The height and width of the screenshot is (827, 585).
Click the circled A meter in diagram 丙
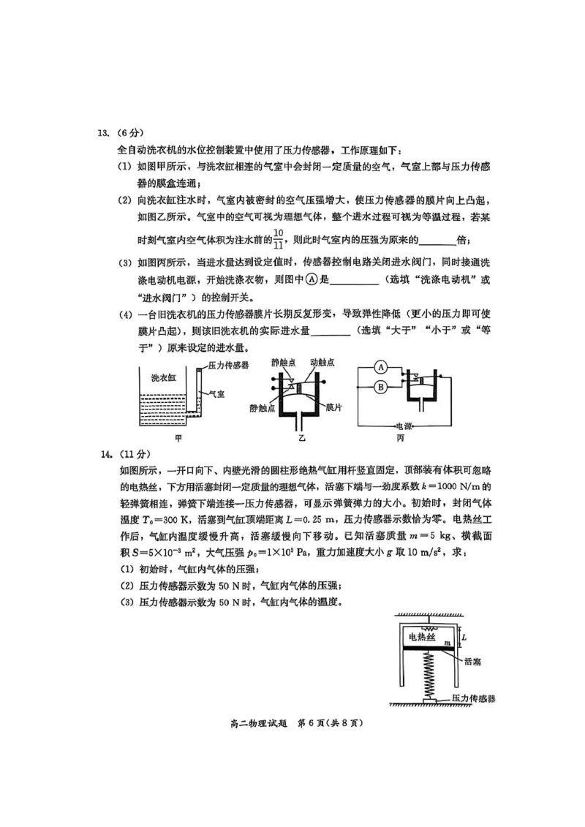[382, 366]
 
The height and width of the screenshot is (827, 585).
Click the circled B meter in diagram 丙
[382, 386]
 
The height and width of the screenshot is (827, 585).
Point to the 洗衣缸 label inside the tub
[164, 377]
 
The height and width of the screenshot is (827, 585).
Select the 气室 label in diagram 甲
[216, 393]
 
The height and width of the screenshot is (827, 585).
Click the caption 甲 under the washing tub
[178, 439]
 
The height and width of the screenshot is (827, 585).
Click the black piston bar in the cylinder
[428, 647]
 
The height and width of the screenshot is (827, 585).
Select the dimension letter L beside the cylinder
[464, 635]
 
